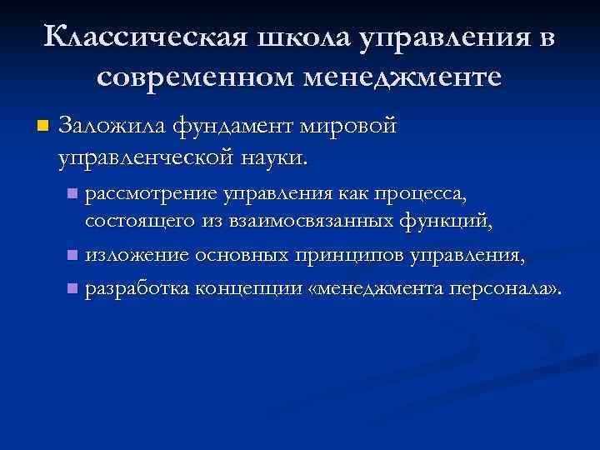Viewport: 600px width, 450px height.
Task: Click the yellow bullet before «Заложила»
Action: [x=43, y=127]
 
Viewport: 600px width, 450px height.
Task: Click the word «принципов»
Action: [x=353, y=253]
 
